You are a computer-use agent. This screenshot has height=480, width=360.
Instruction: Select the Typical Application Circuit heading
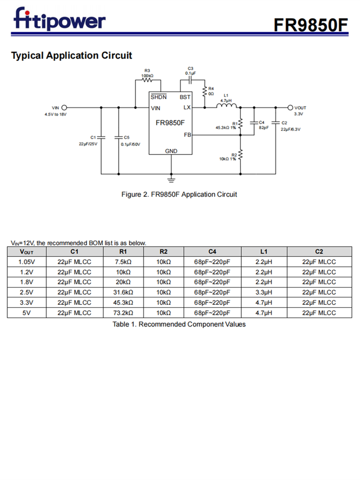coord(72,56)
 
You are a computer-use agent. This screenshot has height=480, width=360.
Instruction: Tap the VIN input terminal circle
coord(64,108)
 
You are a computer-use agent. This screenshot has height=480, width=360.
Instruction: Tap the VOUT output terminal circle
coord(290,108)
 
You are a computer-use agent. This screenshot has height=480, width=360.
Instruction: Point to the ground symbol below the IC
coord(171,180)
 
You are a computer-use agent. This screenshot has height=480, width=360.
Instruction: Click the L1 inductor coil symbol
coord(226,107)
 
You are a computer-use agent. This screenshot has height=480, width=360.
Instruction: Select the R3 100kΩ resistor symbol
coord(147,81)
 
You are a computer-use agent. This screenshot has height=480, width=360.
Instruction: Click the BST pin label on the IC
coord(185,97)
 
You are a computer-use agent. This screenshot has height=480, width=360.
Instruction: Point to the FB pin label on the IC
coord(187,135)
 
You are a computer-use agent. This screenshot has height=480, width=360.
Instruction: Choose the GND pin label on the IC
coord(171,151)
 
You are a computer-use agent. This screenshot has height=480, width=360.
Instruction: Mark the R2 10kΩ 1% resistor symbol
coord(240,155)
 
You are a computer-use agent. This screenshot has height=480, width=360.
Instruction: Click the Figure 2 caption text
coord(179,194)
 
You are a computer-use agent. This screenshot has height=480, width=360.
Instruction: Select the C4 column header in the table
coord(212,252)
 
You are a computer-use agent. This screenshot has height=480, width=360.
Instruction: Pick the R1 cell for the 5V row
coord(123,313)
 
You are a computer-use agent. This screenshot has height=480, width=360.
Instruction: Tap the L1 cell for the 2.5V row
coord(264,292)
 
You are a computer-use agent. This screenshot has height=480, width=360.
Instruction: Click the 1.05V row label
coord(26,262)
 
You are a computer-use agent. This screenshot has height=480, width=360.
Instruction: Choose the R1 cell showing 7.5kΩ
coord(123,262)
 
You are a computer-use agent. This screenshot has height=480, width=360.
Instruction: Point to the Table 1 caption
coord(179,324)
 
